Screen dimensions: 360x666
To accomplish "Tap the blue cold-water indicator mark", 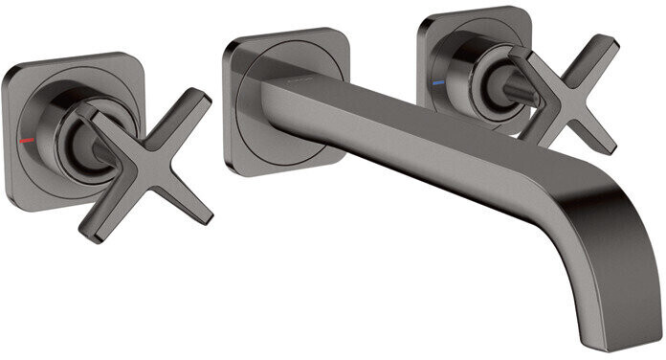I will click(439, 84).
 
